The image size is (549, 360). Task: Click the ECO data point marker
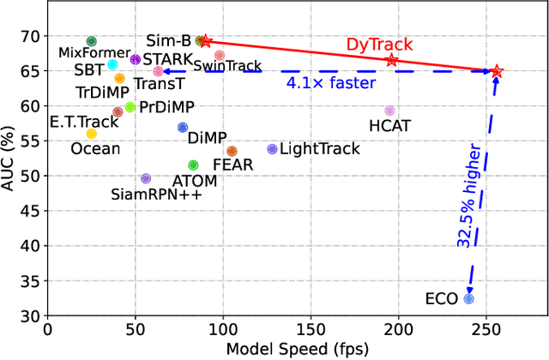(468, 299)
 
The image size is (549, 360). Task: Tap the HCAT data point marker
(389, 111)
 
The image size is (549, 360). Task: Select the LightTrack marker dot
(273, 149)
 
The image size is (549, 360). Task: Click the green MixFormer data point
(92, 41)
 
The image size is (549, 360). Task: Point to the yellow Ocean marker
(92, 134)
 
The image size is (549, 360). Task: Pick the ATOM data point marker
(193, 165)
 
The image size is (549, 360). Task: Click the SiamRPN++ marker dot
(145, 178)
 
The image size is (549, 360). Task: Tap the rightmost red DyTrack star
(496, 72)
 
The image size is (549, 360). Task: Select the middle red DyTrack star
(392, 60)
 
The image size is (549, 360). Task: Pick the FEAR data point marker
(232, 151)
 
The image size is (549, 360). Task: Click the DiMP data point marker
(183, 128)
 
